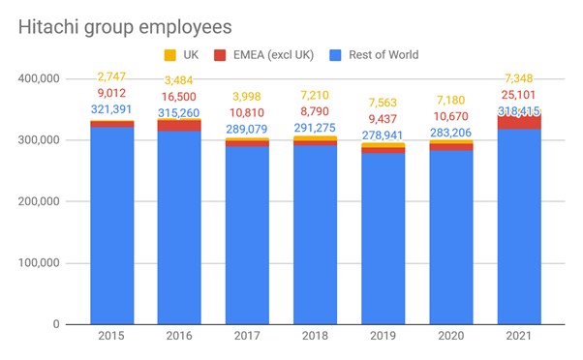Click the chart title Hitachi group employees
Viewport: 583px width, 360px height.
[x=125, y=27]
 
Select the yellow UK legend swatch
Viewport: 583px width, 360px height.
[x=169, y=55]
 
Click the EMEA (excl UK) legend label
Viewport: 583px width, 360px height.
[x=273, y=55]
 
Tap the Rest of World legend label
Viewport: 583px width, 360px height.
[x=384, y=55]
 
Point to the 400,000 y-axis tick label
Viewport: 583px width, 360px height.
[x=39, y=78]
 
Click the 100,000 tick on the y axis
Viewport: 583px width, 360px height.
[x=39, y=263]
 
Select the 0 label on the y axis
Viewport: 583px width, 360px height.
[x=56, y=324]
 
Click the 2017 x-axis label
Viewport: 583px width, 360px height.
[x=247, y=336]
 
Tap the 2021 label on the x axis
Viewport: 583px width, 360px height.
[x=519, y=336]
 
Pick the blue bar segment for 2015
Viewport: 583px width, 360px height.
[x=112, y=225]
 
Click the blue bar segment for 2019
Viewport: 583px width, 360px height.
[x=384, y=239]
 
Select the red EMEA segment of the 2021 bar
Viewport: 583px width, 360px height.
[x=519, y=122]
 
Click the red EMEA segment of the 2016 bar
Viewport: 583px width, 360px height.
[x=179, y=126]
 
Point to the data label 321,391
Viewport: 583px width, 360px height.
[x=111, y=109]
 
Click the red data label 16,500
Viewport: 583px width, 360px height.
[x=179, y=97]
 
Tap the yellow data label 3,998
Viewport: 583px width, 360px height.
[x=247, y=97]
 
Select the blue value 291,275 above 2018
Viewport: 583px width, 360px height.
[x=315, y=128]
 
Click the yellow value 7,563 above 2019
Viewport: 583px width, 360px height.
[x=383, y=103]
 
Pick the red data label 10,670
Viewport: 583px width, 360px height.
[x=451, y=116]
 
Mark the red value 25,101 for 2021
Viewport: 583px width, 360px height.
[x=518, y=95]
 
